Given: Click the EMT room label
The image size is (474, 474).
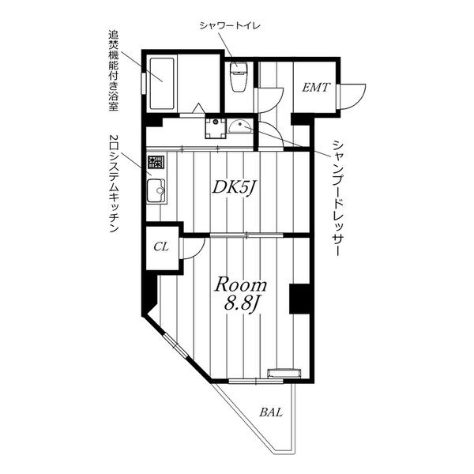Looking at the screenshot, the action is click(x=315, y=88).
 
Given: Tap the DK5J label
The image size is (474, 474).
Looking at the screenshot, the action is click(x=235, y=188).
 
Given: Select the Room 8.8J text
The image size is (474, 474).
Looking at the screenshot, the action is click(x=241, y=294).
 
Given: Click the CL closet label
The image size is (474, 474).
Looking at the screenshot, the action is click(x=161, y=247).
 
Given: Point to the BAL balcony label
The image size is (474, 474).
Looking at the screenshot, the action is click(x=271, y=412).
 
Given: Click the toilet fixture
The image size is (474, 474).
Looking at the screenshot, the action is click(x=239, y=76).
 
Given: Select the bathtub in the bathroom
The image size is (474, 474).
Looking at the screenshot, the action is click(x=162, y=84).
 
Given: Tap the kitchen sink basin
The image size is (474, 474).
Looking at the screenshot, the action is click(x=156, y=191).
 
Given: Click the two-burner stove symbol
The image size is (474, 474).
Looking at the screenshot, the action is click(x=156, y=162).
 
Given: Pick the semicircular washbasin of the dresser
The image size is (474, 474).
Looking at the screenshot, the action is click(x=239, y=126).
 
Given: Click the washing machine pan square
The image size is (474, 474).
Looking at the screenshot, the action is click(x=215, y=128).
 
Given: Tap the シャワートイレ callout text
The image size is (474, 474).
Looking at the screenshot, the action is click(x=230, y=26).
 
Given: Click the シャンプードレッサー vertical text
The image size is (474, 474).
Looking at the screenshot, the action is click(x=337, y=198).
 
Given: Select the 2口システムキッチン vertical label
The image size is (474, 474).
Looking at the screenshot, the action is click(x=113, y=183).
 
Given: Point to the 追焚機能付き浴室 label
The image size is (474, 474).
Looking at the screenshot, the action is click(x=113, y=70).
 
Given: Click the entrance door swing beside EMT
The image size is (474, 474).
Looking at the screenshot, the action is click(x=352, y=96).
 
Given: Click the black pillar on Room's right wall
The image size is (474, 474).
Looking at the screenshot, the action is click(x=299, y=299).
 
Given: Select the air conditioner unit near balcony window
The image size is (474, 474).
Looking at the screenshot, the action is click(x=284, y=373).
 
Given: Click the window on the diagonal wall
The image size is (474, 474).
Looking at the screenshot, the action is click(x=175, y=345).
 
